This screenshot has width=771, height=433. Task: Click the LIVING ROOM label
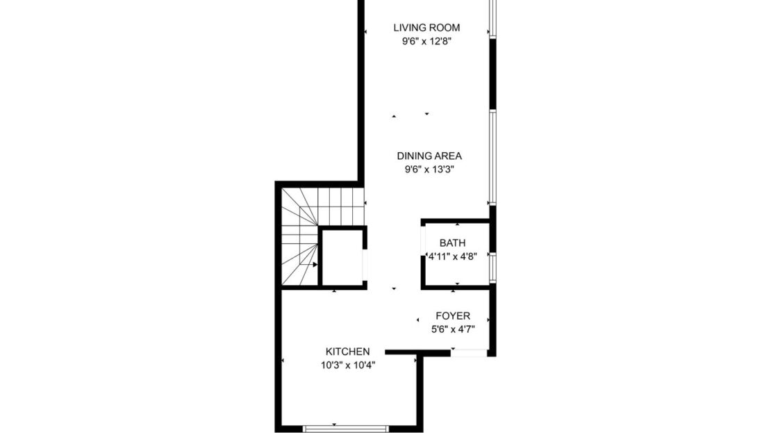pyautogui.click(x=426, y=28)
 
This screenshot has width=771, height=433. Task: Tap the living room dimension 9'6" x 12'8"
pyautogui.click(x=426, y=41)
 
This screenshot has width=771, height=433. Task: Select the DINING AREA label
pyautogui.click(x=429, y=156)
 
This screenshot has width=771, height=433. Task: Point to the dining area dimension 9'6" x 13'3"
pyautogui.click(x=429, y=169)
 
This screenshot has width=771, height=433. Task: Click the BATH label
pyautogui.click(x=452, y=243)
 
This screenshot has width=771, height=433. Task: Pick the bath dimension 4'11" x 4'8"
pyautogui.click(x=452, y=256)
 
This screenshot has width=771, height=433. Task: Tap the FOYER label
pyautogui.click(x=453, y=316)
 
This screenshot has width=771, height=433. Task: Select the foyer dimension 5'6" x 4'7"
pyautogui.click(x=453, y=329)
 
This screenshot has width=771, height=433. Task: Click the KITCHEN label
pyautogui.click(x=348, y=352)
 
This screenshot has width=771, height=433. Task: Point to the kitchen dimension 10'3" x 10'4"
pyautogui.click(x=348, y=364)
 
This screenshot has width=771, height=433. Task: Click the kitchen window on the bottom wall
pyautogui.click(x=346, y=429)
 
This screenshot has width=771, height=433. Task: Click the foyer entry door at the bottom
pyautogui.click(x=469, y=353)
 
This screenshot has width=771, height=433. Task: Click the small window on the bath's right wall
pyautogui.click(x=492, y=266)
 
